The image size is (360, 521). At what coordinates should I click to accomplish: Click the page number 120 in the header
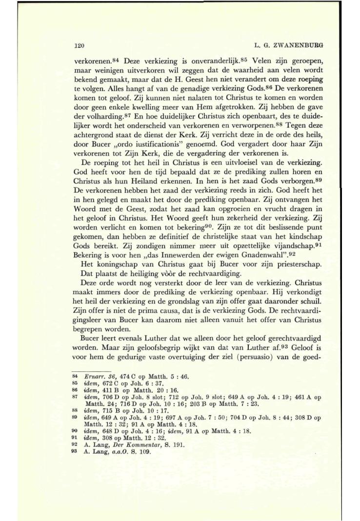point(76,45)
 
